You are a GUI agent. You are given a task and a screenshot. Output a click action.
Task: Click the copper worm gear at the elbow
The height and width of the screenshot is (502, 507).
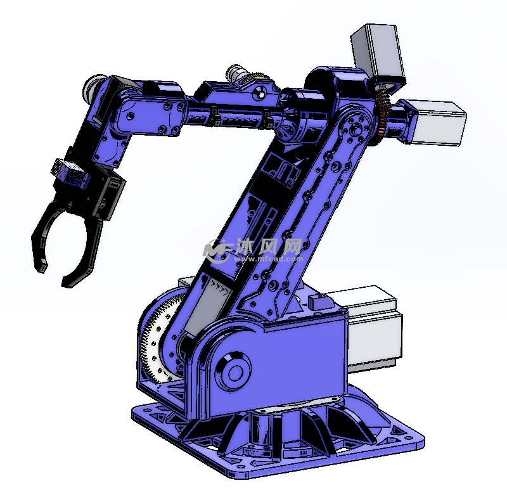point(383,114)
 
